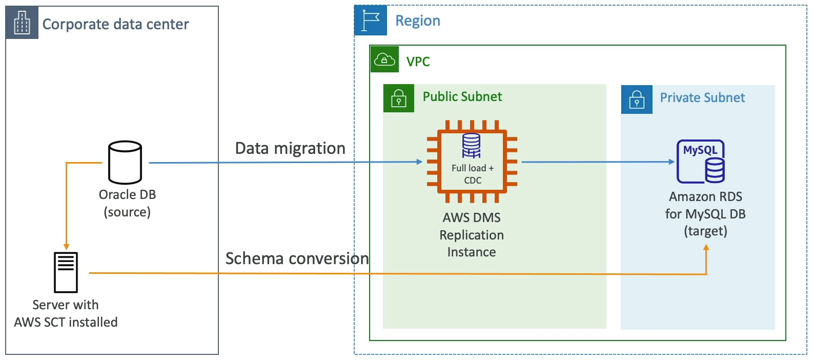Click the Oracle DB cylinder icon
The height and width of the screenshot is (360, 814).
[125, 163]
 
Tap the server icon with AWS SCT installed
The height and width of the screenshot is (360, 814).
[66, 272]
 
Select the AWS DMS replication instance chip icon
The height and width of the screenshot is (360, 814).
[472, 162]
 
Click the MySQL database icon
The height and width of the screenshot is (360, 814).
[701, 162]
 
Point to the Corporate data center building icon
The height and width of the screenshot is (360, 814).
[22, 23]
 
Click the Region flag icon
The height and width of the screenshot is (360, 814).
[371, 21]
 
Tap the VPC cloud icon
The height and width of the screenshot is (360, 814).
[384, 60]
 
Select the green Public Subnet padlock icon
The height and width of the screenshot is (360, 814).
[399, 98]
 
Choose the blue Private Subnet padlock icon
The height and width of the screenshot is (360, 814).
[637, 99]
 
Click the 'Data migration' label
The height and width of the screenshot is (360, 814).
[290, 148]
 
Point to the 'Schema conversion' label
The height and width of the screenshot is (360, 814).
[297, 258]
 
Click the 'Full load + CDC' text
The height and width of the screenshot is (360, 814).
[473, 174]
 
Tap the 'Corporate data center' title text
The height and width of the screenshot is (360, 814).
[115, 24]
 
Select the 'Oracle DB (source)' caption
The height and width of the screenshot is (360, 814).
[127, 203]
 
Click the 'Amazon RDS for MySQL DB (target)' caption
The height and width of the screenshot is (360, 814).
[705, 214]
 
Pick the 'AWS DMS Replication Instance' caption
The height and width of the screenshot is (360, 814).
[472, 235]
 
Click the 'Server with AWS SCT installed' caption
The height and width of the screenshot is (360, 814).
[66, 313]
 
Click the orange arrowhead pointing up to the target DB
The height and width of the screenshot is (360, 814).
[706, 248]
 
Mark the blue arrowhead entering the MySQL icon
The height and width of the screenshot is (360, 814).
[672, 162]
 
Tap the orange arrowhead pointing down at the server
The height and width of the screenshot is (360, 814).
[66, 247]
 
